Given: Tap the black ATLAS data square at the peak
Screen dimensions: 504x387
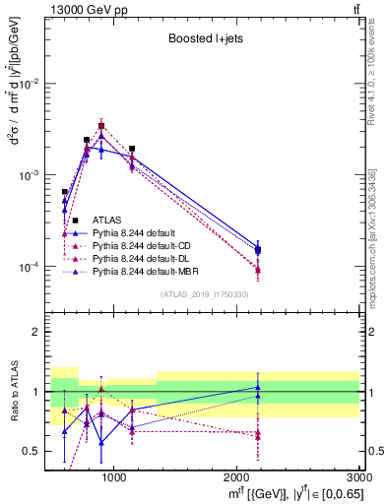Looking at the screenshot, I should pyautogui.click(x=101, y=126).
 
